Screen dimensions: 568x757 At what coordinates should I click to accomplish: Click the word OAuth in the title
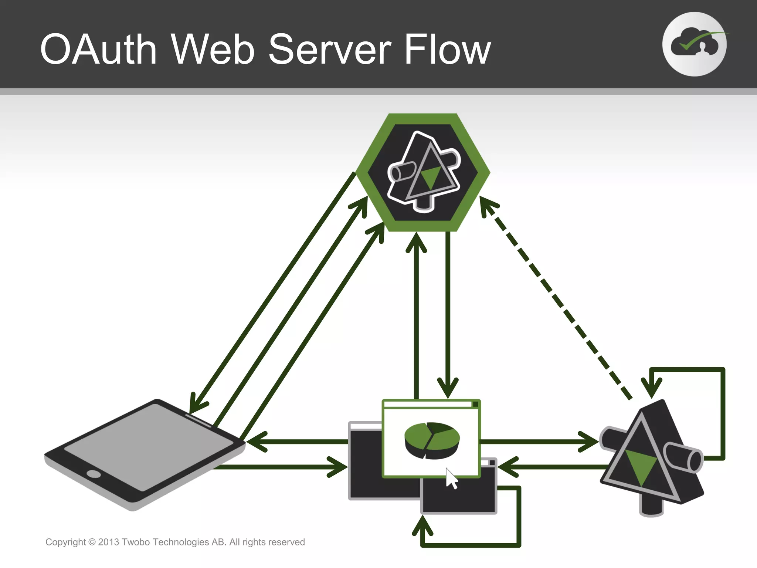coord(98,49)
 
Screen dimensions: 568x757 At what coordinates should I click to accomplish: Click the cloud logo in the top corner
coord(694,44)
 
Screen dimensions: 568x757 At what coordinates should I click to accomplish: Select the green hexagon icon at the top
coord(423,172)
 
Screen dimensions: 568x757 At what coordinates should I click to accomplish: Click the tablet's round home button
coord(93,474)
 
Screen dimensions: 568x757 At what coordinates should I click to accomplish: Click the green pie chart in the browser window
coord(432,440)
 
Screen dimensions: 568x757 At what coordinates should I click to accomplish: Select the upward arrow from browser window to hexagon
coord(417,314)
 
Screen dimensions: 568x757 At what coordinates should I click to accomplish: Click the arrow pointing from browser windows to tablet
coord(296,442)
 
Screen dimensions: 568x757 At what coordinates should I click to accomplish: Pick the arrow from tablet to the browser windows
coord(281,467)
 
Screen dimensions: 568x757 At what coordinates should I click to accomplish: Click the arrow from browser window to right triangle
coord(536,442)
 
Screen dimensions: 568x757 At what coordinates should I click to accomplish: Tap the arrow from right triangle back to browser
coord(554,467)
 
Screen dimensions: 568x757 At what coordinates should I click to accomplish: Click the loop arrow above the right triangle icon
coord(723,407)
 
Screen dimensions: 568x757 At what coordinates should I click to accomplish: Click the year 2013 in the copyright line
coord(108,542)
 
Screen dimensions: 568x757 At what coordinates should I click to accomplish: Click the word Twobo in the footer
coord(136,542)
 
